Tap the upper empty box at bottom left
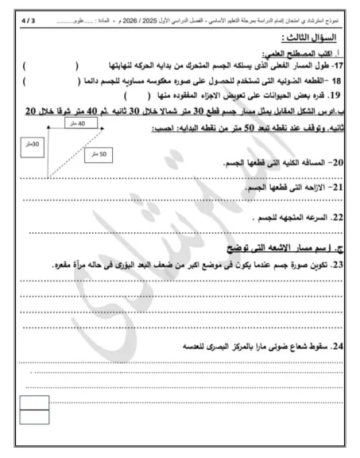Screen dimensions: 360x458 click(34, 402)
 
